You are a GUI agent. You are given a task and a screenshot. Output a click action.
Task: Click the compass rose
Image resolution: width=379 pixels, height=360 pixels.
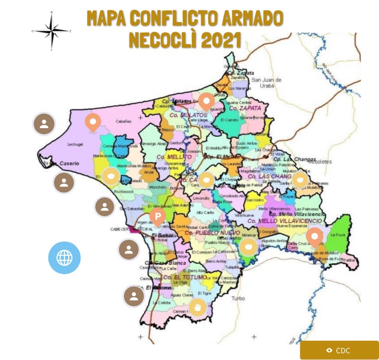pyautogui.click(x=51, y=30)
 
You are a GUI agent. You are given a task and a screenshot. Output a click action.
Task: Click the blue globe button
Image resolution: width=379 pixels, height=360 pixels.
pyautogui.click(x=64, y=258)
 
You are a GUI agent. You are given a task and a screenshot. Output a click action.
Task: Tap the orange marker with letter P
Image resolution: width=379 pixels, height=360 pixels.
pyautogui.click(x=157, y=217)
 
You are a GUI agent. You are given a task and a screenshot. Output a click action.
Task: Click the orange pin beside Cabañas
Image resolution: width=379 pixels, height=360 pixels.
pyautogui.click(x=93, y=122)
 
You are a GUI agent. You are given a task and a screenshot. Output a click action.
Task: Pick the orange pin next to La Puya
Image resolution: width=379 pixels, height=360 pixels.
pyautogui.click(x=315, y=237)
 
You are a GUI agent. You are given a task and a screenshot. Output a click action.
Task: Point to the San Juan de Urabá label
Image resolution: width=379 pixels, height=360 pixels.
pyautogui.click(x=267, y=83)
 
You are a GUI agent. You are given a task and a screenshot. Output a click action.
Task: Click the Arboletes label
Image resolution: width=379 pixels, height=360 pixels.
pyautogui.click(x=321, y=162)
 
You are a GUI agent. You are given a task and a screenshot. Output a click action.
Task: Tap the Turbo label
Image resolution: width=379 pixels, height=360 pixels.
pyautogui.click(x=238, y=298)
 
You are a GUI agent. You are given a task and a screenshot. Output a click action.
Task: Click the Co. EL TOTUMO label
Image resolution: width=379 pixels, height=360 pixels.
pyautogui.click(x=185, y=277)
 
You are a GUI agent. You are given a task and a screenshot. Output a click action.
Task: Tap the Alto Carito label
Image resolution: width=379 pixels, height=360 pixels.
pyautogui.click(x=205, y=212)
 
